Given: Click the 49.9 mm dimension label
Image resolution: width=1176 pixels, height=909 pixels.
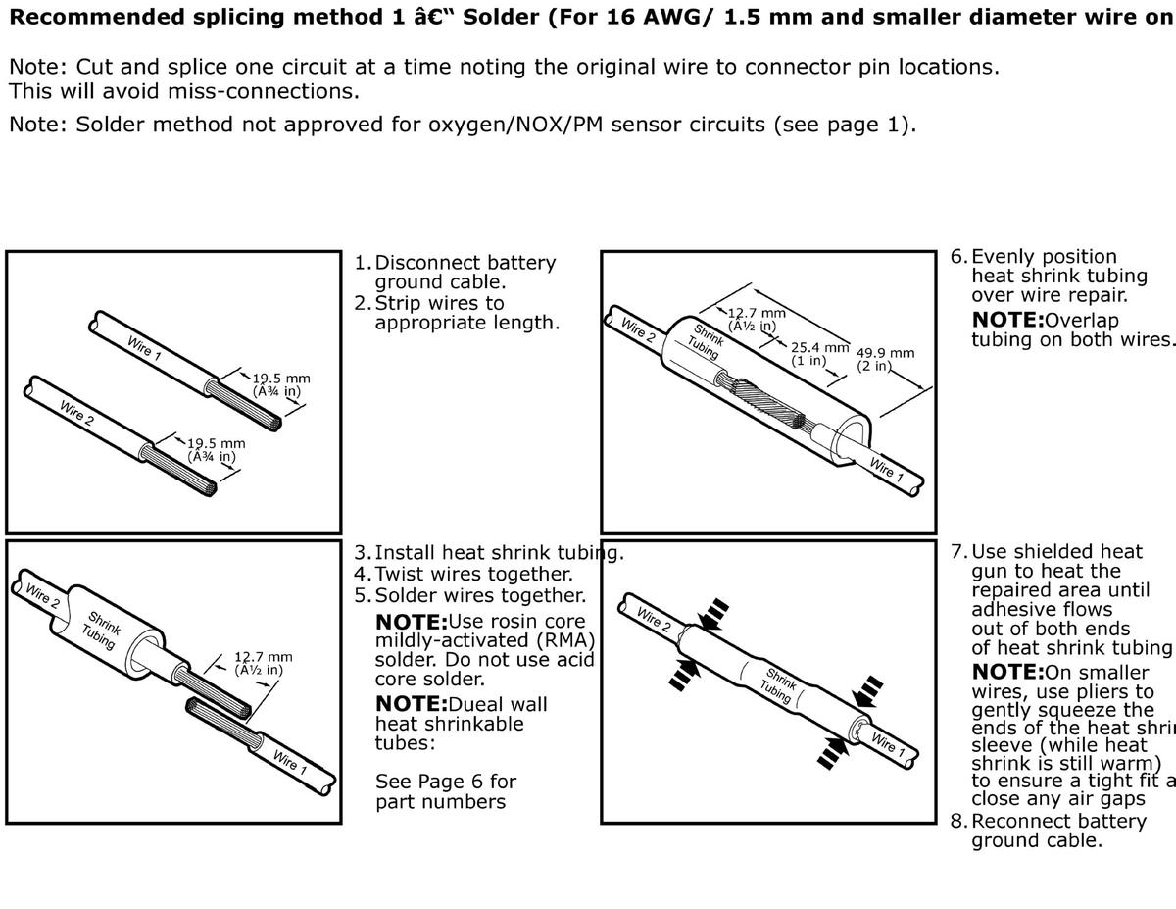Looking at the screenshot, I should point(885,353).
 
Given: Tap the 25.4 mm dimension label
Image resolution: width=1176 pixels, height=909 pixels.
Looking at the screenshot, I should point(819,347).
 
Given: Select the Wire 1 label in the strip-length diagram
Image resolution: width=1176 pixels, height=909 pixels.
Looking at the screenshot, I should point(144,348).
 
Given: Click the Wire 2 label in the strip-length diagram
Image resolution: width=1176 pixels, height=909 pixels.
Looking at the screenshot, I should point(76,412).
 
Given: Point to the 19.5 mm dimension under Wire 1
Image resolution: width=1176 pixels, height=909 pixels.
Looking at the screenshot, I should point(280,379).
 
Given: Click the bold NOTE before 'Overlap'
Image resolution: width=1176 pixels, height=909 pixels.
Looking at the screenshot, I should point(1007,320).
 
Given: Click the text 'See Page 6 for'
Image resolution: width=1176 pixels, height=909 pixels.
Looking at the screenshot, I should point(446,782).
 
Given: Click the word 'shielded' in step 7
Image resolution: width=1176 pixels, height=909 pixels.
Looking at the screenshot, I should point(1059,551).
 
